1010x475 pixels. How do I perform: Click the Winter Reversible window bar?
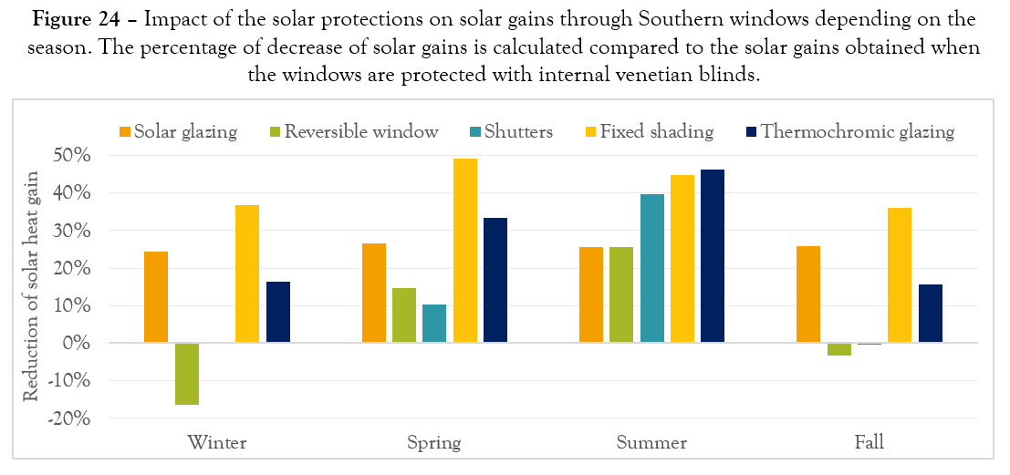187,374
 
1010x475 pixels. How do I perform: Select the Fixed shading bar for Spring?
465,251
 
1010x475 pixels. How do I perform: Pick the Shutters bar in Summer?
652,269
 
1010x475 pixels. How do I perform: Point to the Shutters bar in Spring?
434,324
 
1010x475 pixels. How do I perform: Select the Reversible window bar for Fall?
839,349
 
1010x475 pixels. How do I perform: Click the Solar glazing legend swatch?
126,132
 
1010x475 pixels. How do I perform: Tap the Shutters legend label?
519,132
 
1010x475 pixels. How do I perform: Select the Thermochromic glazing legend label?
858,132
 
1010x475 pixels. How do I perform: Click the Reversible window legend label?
361,132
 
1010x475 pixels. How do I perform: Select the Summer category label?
651,444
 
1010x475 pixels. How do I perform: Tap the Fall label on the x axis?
869,444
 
